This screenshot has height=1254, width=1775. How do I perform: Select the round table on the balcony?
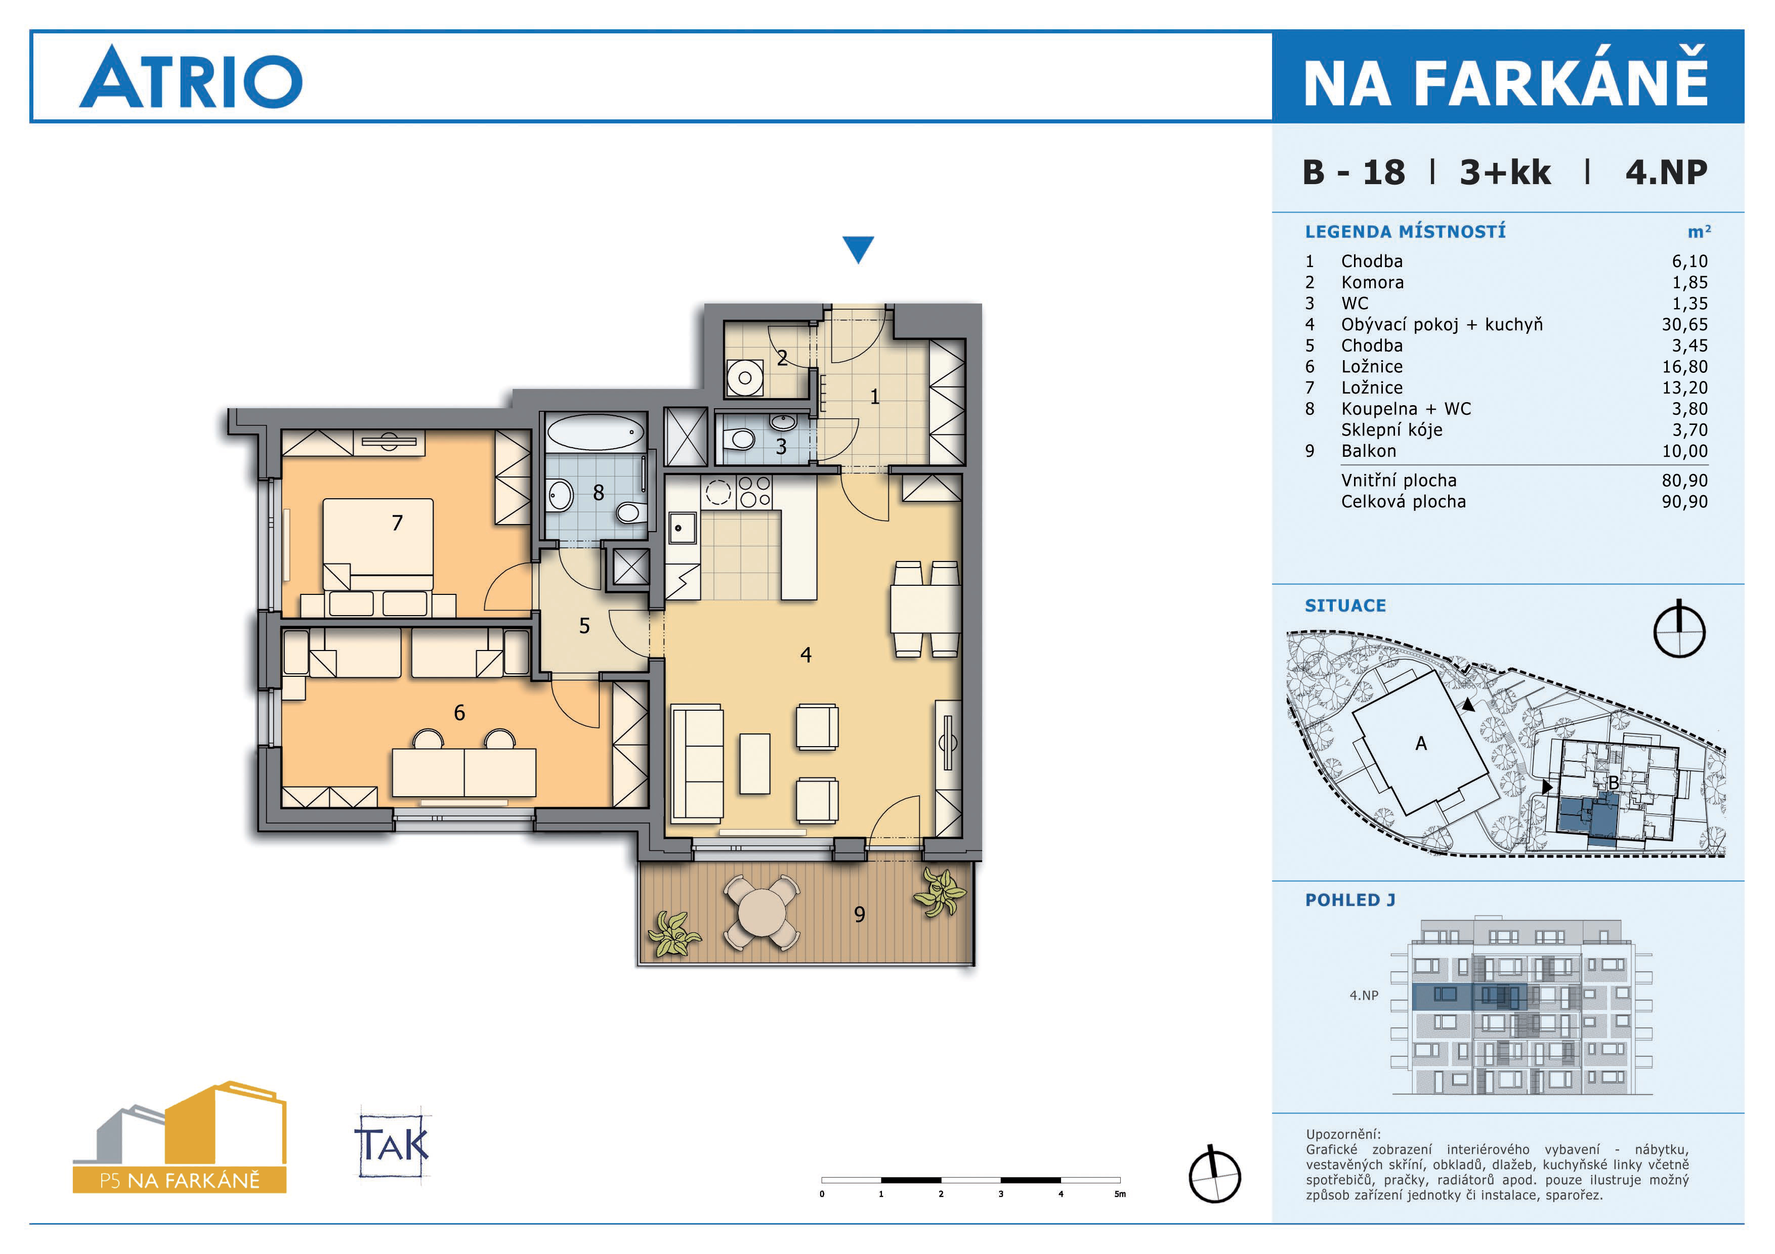pyautogui.click(x=762, y=913)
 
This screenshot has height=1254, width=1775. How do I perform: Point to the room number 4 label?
pyautogui.click(x=806, y=655)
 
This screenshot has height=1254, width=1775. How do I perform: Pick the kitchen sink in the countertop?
pyautogui.click(x=683, y=529)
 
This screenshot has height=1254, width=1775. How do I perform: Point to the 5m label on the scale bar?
pyautogui.click(x=1119, y=1194)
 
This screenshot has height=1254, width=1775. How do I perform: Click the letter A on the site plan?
pyautogui.click(x=1421, y=743)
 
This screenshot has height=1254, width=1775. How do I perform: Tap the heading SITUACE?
pyautogui.click(x=1345, y=606)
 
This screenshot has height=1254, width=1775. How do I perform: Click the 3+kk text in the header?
pyautogui.click(x=1504, y=172)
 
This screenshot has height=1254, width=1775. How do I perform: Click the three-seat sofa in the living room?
pyautogui.click(x=697, y=762)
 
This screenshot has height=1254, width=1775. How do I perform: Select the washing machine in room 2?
pyautogui.click(x=744, y=378)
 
